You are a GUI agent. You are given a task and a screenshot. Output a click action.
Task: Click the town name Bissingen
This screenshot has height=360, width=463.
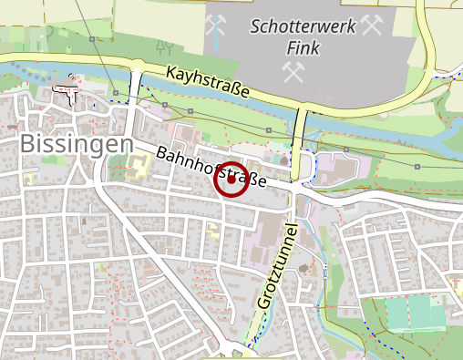click(76, 144)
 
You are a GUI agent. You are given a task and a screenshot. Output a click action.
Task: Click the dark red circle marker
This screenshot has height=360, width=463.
click(231, 180)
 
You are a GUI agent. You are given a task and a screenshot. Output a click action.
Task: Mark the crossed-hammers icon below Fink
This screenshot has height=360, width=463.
click(293, 72)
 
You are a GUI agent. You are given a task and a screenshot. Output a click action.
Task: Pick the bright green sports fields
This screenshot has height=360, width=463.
click(414, 314)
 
